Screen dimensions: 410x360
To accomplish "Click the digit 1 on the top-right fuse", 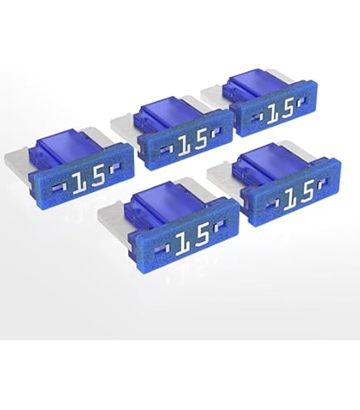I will coord(277,111).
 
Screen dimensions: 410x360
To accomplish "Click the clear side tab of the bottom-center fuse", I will coord(113,218).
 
